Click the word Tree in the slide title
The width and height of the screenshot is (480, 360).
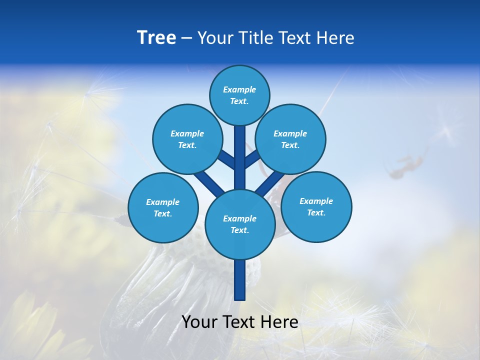tap(156, 37)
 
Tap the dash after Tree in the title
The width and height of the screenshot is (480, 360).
tap(186, 38)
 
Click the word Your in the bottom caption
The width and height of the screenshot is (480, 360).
tap(200, 322)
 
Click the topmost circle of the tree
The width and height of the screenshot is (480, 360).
tap(239, 95)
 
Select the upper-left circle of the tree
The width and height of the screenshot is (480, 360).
tap(187, 139)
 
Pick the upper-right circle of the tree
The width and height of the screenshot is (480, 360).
tap(290, 139)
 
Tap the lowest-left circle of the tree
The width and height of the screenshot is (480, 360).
tap(163, 207)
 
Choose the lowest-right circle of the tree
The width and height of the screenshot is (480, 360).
tap(316, 206)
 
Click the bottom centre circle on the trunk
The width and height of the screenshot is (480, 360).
tap(240, 224)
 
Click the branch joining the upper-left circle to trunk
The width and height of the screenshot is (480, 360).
tap(226, 159)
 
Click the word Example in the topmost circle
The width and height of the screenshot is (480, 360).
tap(239, 89)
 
